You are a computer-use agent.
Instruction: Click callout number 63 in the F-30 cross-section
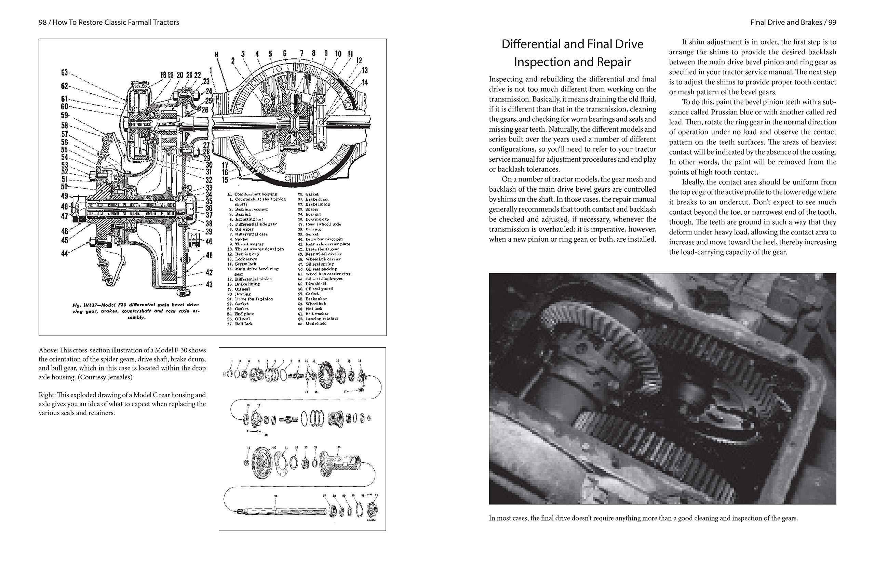click(65, 73)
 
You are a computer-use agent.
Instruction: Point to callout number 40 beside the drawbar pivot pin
click(209, 241)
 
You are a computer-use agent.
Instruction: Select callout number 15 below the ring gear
click(225, 180)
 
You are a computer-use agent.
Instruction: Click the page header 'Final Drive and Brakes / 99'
click(793, 23)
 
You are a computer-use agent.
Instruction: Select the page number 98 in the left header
click(43, 23)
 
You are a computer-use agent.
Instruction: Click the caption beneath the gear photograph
click(643, 518)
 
